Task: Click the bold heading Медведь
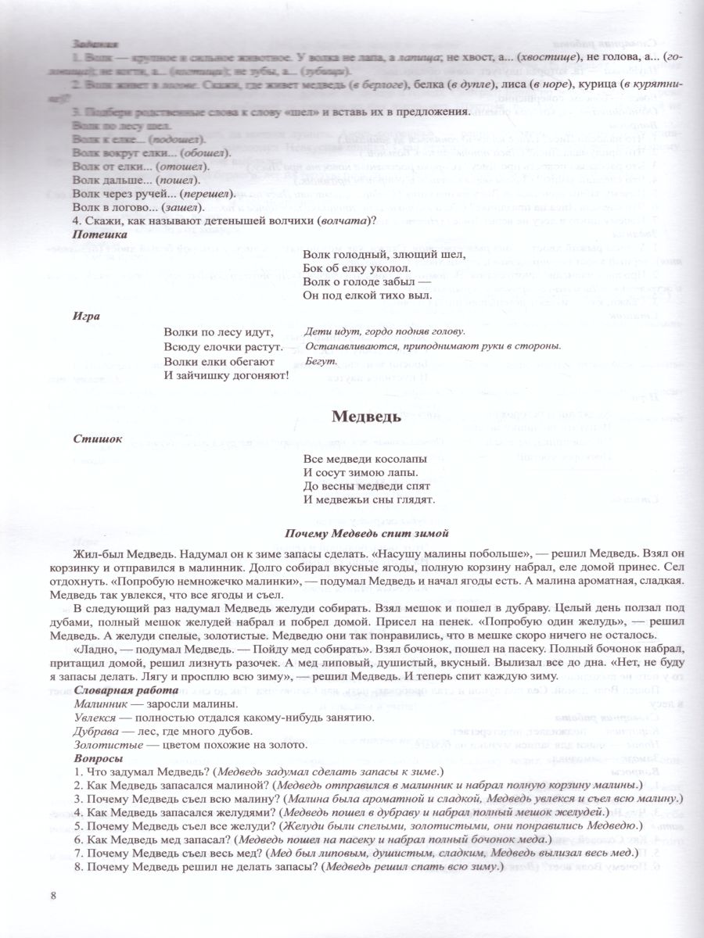pyautogui.click(x=367, y=417)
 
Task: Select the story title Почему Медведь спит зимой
pyautogui.click(x=367, y=534)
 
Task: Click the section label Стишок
pyautogui.click(x=97, y=439)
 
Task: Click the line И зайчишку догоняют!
pyautogui.click(x=226, y=375)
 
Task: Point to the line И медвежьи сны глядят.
pyautogui.click(x=368, y=499)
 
